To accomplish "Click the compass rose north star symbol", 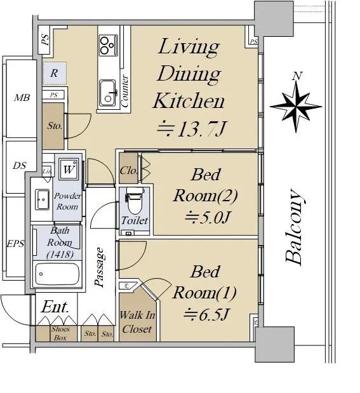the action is tap(296, 107).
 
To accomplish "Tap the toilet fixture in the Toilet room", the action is tap(135, 200).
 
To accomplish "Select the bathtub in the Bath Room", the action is tap(57, 274).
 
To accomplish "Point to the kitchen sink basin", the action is tap(108, 93).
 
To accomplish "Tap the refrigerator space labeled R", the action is tap(55, 73).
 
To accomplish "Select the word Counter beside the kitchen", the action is tap(125, 91).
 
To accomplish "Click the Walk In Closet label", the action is tap(137, 322).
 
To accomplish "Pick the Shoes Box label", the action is tap(60, 333).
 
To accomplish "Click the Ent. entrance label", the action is tap(55, 307).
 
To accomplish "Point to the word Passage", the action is tap(100, 267).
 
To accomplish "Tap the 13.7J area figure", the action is tap(191, 129).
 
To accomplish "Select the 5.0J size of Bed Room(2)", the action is tap(207, 217).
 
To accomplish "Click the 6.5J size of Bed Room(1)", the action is tap(206, 314).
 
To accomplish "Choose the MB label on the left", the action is tap(22, 98).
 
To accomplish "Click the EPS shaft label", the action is tap(15, 244).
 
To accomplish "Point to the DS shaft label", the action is tap(20, 166).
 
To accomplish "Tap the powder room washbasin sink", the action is tap(42, 200).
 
